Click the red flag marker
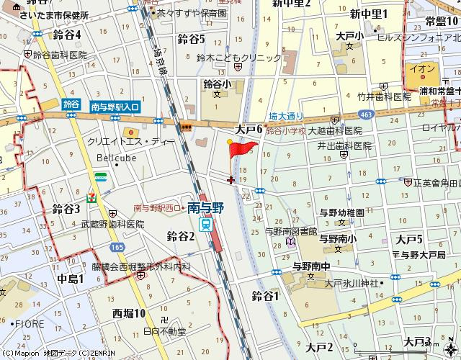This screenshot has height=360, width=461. click(x=243, y=148)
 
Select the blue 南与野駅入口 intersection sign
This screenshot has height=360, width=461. click(x=115, y=107)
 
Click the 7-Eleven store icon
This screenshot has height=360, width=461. click(x=91, y=196)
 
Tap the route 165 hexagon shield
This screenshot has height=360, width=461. click(x=117, y=247)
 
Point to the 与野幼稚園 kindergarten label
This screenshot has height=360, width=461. click(x=341, y=212)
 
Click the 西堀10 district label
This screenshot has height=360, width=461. click(x=129, y=312)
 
